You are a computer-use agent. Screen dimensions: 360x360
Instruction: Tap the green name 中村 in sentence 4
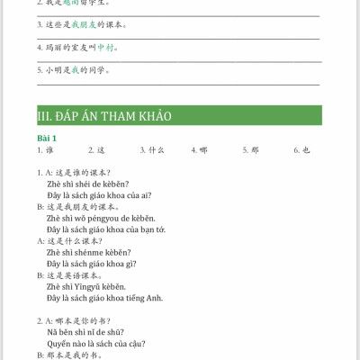pyautogui.click(x=106, y=47)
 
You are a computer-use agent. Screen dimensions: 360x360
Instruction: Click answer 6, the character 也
pyautogui.click(x=306, y=150)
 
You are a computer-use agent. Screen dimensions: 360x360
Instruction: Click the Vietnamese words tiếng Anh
pyautogui.click(x=148, y=298)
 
